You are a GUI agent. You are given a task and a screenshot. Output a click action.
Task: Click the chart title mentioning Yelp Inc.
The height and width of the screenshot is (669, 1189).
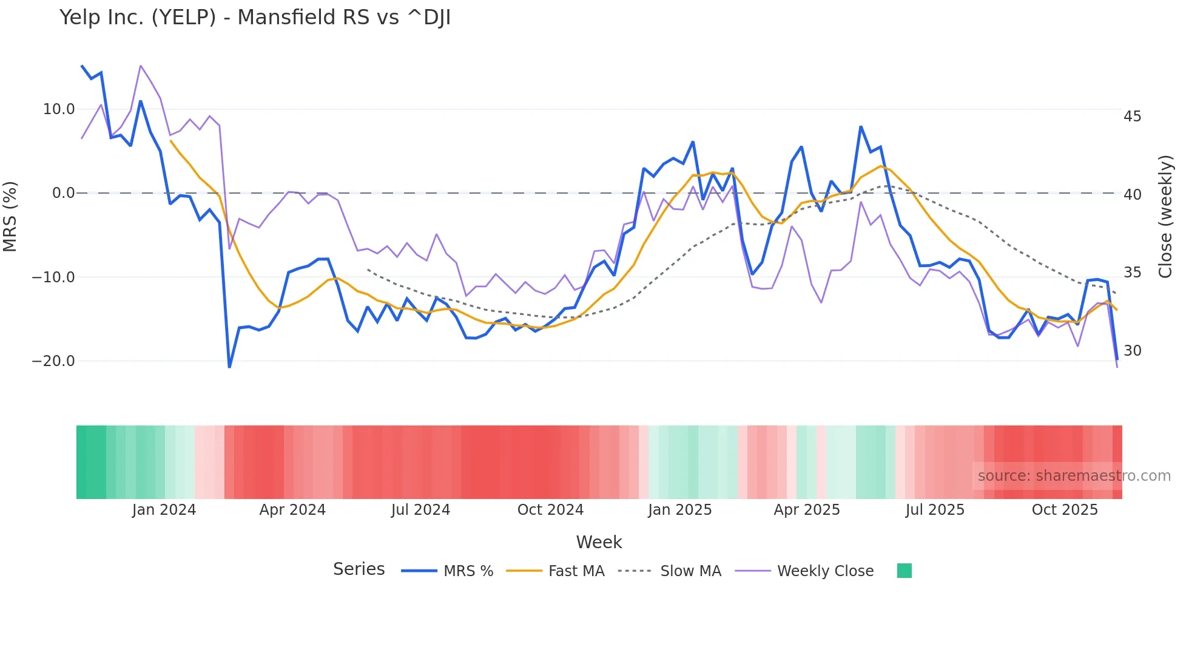pyautogui.click(x=255, y=18)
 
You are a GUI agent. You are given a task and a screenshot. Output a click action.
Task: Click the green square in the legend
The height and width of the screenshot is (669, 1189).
pyautogui.click(x=904, y=571)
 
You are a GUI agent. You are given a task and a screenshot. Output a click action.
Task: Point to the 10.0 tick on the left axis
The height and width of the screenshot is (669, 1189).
pyautogui.click(x=59, y=109)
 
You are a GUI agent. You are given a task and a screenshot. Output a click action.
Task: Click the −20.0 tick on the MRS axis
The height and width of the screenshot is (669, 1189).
pyautogui.click(x=53, y=361)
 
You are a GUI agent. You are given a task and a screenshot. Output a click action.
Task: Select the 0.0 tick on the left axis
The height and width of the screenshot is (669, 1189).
pyautogui.click(x=63, y=193)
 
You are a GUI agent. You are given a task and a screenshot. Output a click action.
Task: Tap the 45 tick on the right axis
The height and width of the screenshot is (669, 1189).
pyautogui.click(x=1132, y=117)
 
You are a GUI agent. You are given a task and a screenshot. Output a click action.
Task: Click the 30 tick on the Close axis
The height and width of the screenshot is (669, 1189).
pyautogui.click(x=1132, y=351)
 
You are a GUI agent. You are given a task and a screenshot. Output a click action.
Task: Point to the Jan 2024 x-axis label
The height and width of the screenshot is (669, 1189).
pyautogui.click(x=164, y=510)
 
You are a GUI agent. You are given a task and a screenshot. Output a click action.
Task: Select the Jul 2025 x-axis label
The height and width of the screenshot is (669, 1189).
pyautogui.click(x=935, y=510)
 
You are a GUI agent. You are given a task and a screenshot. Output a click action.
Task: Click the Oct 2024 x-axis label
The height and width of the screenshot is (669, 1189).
pyautogui.click(x=550, y=510)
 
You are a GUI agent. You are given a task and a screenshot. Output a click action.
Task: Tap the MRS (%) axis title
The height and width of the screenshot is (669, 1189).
pyautogui.click(x=10, y=216)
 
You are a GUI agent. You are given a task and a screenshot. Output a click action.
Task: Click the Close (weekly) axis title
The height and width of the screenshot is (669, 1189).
pyautogui.click(x=1165, y=216)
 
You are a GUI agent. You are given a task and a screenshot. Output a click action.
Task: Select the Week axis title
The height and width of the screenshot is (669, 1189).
pyautogui.click(x=599, y=542)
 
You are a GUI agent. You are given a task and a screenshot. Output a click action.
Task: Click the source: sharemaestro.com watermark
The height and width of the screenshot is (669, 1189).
pyautogui.click(x=1074, y=476)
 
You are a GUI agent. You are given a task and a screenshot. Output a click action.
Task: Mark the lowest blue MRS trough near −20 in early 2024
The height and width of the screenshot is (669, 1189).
pyautogui.click(x=229, y=367)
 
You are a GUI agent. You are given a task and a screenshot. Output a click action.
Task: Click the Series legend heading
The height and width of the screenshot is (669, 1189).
pyautogui.click(x=359, y=569)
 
